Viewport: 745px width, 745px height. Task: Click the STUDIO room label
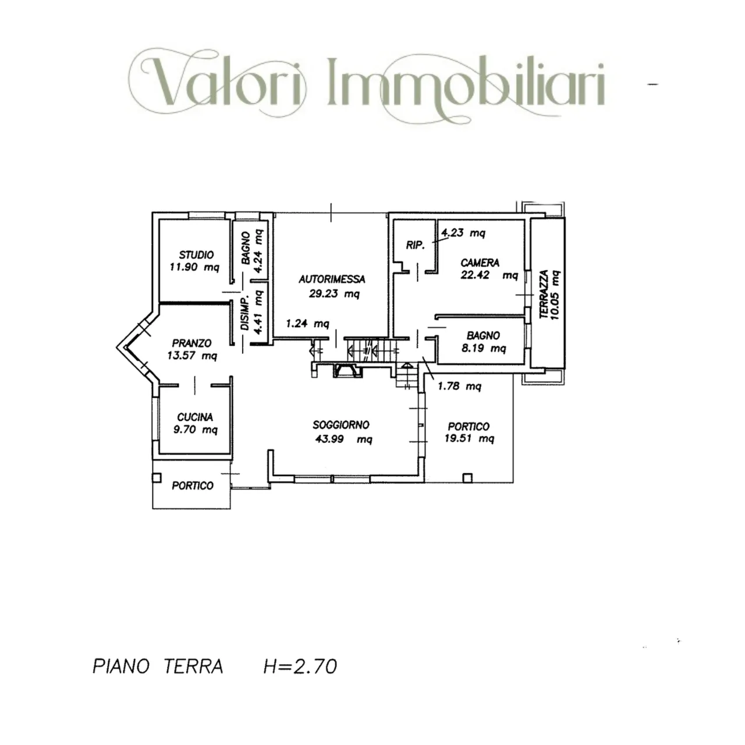pos(196,254)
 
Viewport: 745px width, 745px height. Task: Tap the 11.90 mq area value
pos(194,268)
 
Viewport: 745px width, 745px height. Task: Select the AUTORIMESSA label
pos(332,279)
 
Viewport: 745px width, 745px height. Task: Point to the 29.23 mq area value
pos(334,294)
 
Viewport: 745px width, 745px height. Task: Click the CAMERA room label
pos(480,262)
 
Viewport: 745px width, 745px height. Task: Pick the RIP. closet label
pos(416,245)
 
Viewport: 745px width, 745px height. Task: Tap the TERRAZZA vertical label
pos(544,294)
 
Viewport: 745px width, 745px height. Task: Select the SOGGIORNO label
pos(341,425)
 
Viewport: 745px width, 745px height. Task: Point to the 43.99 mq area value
pos(343,439)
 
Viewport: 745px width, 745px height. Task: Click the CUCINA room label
pos(195,417)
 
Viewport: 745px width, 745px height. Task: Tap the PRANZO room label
pos(191,343)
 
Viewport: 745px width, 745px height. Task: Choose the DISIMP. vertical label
pos(245,315)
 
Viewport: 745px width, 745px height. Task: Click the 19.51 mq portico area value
pos(469,439)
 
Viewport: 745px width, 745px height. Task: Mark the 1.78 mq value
pos(459,386)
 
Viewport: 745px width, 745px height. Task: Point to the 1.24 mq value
pos(307,324)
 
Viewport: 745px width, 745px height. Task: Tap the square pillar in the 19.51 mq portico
pos(467,478)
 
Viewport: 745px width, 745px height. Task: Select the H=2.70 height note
pos(300,666)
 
